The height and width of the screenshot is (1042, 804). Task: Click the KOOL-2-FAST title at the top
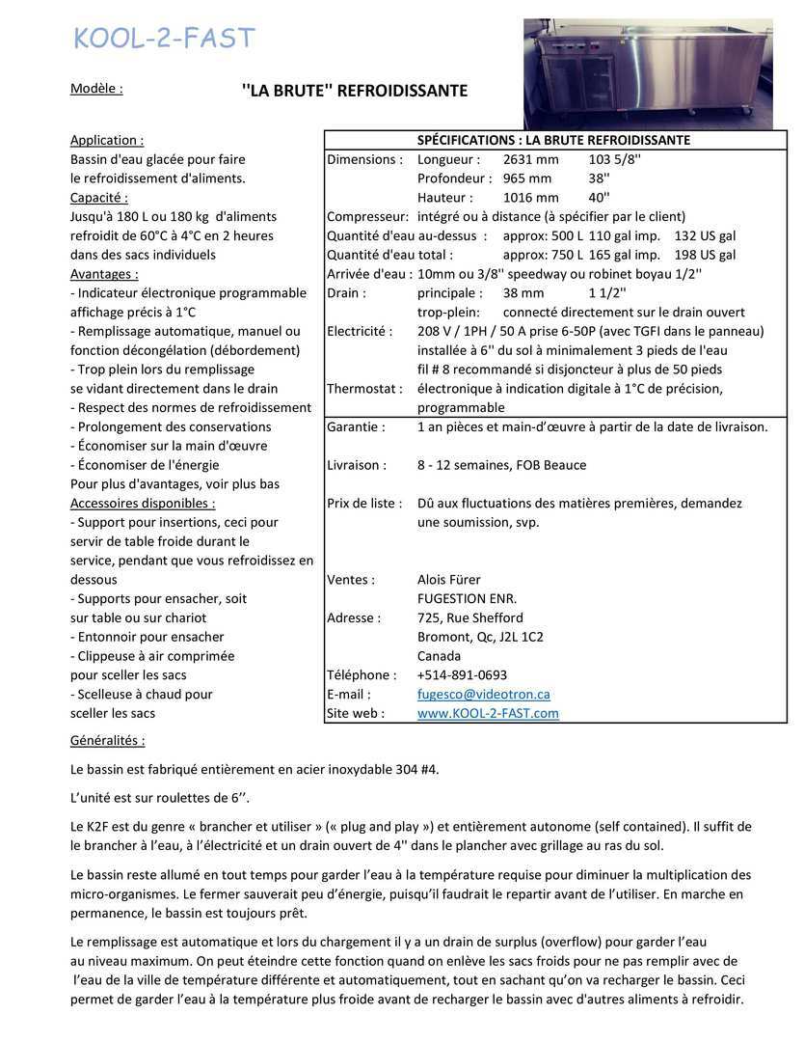[164, 39]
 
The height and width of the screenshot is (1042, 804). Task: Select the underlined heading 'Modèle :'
[96, 89]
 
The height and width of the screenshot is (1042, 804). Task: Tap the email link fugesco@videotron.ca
[483, 694]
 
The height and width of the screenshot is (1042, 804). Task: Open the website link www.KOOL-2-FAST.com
[488, 713]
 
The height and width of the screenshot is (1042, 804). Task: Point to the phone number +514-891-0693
[462, 674]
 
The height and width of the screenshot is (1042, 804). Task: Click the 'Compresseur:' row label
[367, 217]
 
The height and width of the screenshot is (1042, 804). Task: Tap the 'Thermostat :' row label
[364, 389]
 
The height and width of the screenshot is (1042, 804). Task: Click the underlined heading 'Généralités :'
[107, 741]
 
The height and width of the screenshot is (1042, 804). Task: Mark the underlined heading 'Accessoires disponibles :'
[143, 503]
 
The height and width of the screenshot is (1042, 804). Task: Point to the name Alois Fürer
[448, 580]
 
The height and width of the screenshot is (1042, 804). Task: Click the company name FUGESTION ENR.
[467, 598]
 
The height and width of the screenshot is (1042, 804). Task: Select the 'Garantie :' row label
[356, 426]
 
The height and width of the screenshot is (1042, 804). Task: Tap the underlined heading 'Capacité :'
[98, 198]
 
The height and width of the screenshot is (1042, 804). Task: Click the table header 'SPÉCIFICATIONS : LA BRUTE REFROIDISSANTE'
[553, 140]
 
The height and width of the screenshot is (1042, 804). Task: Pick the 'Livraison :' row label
[357, 465]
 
